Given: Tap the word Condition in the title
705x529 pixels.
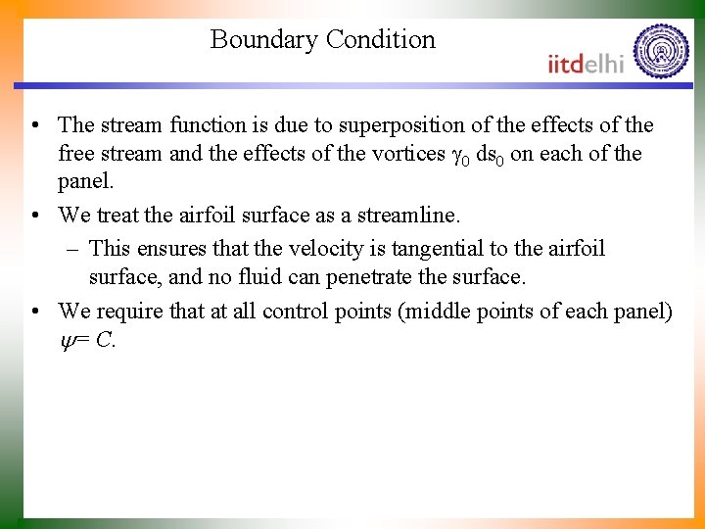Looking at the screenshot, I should [381, 40].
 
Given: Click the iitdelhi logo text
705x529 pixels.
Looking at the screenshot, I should [586, 64].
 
